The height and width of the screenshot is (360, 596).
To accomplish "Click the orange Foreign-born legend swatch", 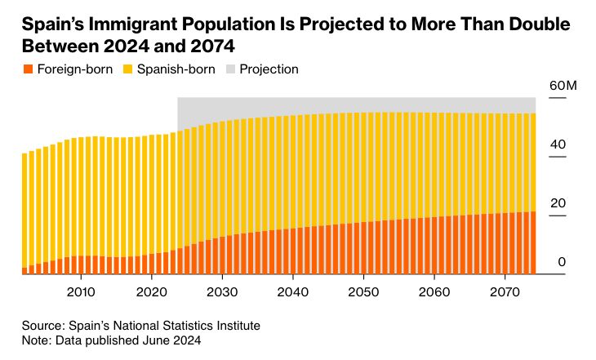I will [28, 69].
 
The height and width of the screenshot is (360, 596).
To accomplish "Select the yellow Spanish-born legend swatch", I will [128, 69].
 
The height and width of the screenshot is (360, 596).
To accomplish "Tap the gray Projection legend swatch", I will [232, 69].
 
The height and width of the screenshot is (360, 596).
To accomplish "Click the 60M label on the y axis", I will [563, 86].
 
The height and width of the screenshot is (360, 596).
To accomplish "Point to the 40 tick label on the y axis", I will [558, 144].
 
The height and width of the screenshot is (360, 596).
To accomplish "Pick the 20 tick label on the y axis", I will [558, 203].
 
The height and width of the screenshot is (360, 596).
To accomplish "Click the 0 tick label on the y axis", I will [562, 262].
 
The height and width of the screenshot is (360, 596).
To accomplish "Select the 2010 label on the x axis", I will [80, 291].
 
